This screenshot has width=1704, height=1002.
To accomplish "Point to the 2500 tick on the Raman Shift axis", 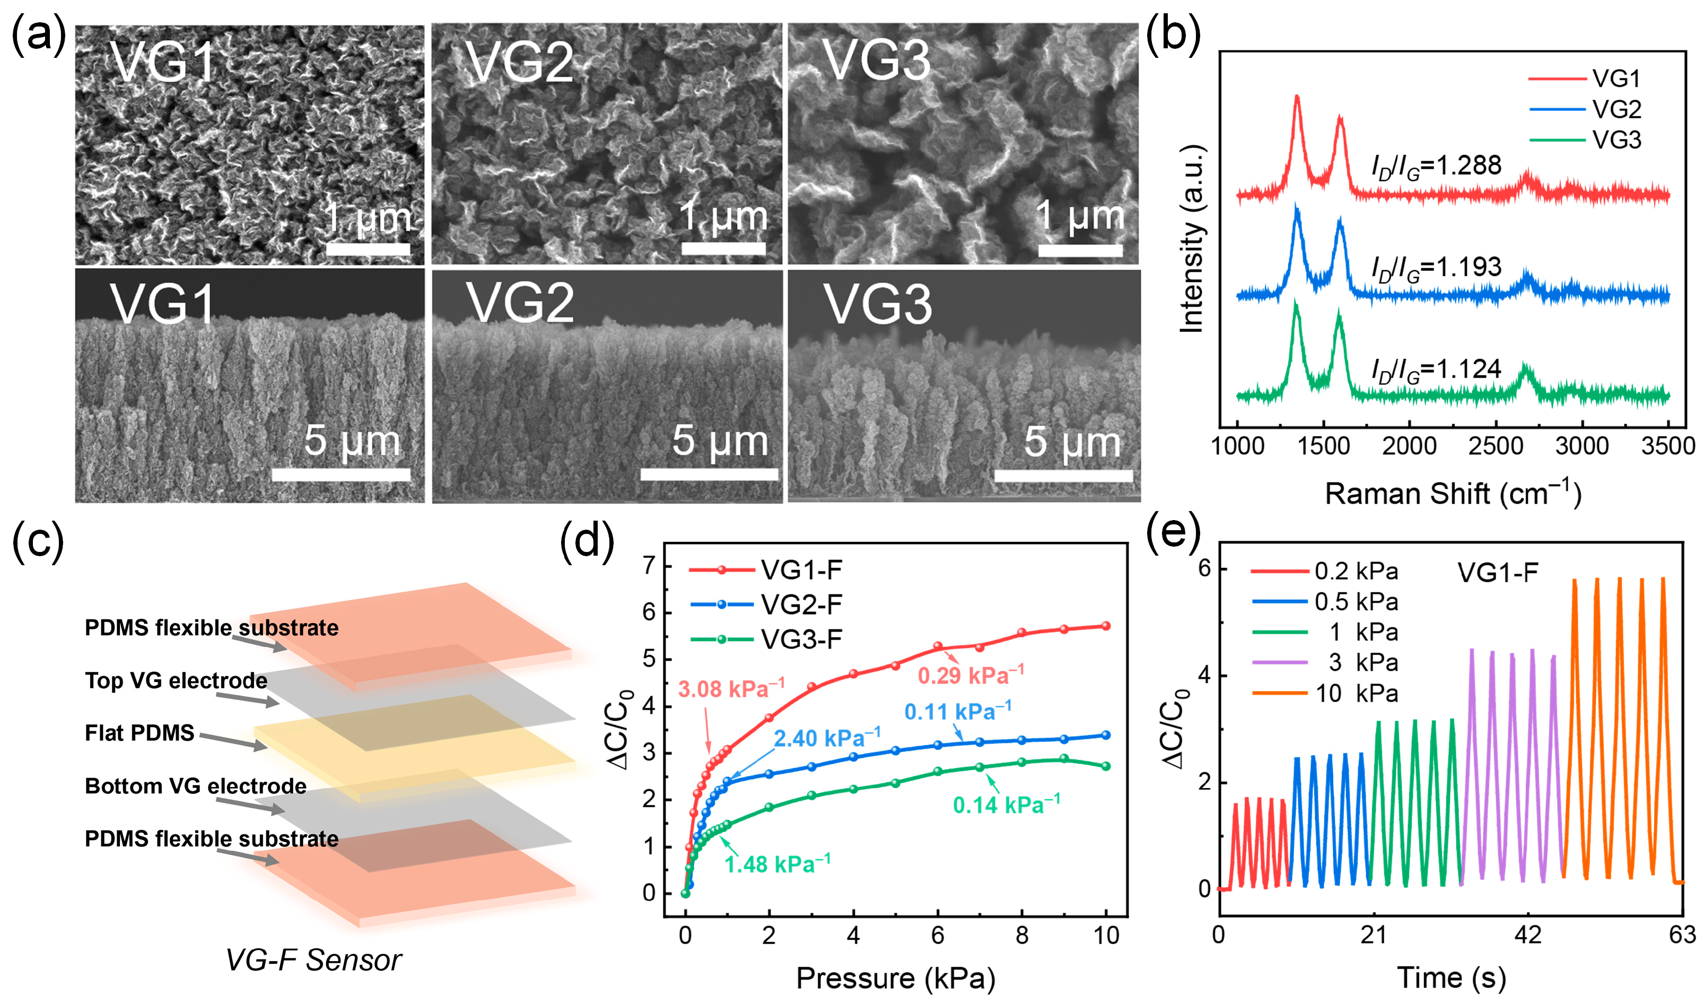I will click(x=1496, y=446).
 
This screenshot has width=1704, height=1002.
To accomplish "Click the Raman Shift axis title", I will click(x=1453, y=494).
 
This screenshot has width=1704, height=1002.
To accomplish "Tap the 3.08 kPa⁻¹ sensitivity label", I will click(x=731, y=689).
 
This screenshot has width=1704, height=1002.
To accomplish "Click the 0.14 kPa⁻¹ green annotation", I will click(x=1006, y=805).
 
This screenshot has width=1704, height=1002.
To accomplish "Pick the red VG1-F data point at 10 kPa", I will click(x=1106, y=626).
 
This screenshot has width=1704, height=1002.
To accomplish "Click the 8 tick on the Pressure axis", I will click(x=1022, y=936).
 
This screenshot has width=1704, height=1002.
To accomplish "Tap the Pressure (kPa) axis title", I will click(x=895, y=978).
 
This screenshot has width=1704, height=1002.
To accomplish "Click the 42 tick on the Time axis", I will click(x=1527, y=936).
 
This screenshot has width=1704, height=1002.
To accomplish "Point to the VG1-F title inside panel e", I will click(x=1498, y=573).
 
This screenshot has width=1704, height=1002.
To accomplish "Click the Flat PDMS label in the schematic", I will click(x=139, y=733).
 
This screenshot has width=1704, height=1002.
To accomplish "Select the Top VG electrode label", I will click(x=176, y=680).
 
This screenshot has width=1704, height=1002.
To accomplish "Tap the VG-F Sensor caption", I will click(x=313, y=960).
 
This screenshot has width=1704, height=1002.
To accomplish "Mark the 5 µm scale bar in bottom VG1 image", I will click(x=341, y=474).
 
